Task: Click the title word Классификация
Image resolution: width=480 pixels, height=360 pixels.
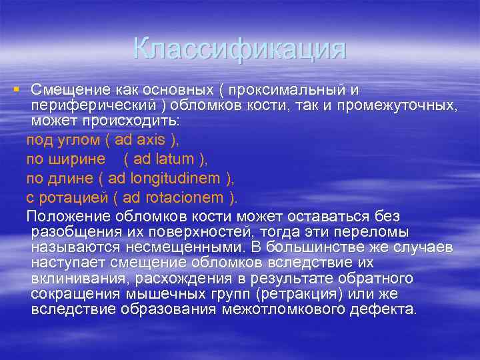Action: click(x=239, y=49)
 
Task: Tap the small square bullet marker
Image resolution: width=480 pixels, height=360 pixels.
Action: click(x=15, y=89)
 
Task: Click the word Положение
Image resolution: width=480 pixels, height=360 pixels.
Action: click(x=69, y=216)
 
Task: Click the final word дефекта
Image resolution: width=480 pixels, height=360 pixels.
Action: click(x=390, y=309)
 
